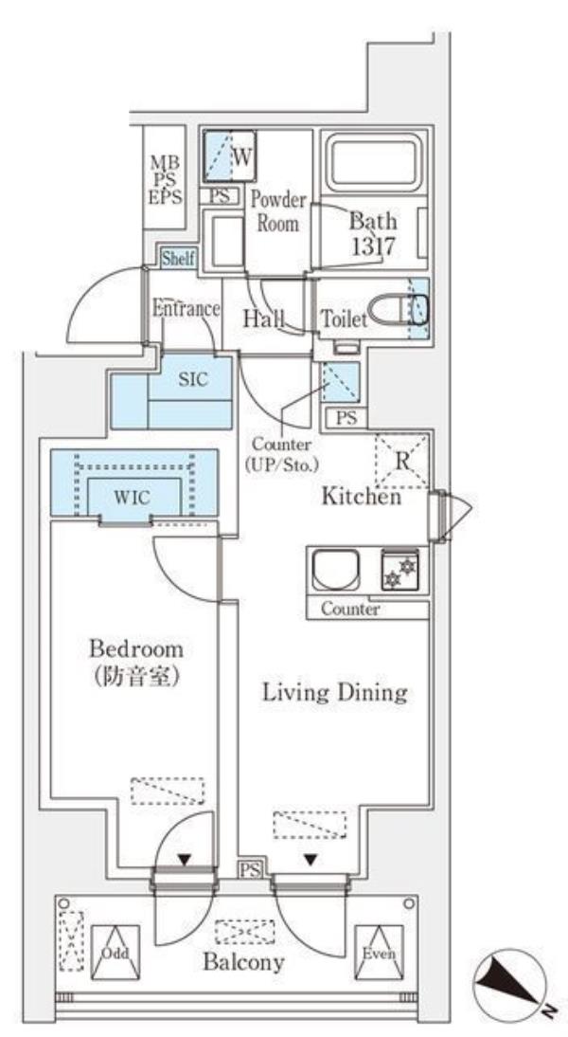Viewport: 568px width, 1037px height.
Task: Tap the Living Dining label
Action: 334,692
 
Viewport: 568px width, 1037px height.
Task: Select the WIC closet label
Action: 133,496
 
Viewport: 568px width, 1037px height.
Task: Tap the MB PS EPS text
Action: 165,178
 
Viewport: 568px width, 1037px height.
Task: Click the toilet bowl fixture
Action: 397,310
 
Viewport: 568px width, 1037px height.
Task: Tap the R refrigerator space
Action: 402,463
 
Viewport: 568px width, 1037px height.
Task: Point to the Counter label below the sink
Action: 350,609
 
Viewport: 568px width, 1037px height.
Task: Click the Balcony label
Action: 242,963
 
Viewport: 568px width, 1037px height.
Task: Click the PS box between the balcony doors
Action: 249,869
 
